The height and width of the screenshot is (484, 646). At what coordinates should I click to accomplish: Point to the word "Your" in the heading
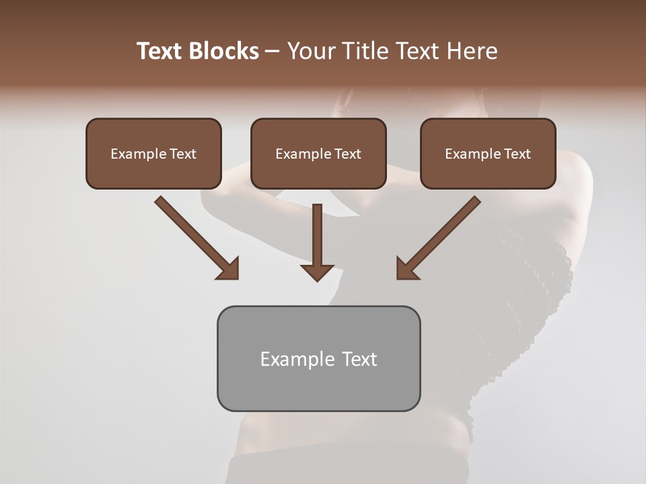point(310,51)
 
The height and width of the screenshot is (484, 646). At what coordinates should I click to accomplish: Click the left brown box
point(153,153)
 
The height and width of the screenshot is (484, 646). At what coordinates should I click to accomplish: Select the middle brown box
point(318,153)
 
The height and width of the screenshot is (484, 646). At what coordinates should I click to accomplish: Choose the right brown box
point(488,153)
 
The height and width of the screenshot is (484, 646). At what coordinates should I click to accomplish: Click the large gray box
point(318,358)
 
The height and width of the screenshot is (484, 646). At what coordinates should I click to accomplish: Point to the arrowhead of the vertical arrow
point(317,272)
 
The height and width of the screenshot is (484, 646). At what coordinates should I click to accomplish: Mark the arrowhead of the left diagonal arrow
point(229,269)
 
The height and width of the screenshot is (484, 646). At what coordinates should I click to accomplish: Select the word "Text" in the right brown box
point(517,154)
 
